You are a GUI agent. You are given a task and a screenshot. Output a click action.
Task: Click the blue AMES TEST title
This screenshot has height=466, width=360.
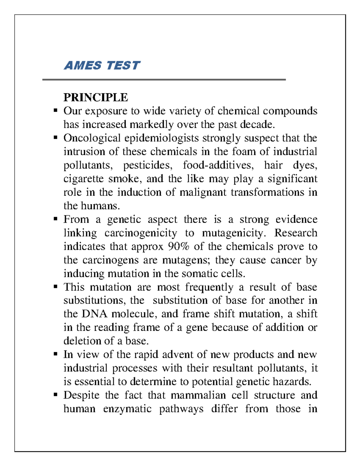coord(102,65)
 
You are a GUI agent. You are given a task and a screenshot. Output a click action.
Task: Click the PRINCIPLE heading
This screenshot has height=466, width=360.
coord(96,98)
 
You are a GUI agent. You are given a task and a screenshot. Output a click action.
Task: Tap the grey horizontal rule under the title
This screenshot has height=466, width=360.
coord(164,80)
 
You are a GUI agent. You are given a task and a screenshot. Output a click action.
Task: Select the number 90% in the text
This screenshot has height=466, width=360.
coord(179,246)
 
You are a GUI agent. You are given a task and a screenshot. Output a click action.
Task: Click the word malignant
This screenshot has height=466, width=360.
coord(203,192)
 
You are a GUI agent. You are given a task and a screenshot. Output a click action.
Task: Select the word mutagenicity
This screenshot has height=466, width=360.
coord(233,233)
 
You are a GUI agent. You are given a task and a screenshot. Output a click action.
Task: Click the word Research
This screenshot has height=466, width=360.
coord(296,233)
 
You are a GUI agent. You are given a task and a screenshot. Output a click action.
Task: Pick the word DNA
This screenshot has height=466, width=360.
coord(94,314)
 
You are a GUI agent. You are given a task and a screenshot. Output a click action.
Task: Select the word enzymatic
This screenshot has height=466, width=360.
coord(127,409)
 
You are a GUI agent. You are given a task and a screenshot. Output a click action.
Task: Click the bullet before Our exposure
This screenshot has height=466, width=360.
coord(55,111)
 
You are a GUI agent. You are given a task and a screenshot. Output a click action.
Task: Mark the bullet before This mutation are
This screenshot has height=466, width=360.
coord(55,287)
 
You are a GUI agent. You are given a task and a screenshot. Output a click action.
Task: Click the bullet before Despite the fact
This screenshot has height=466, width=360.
coord(55,395)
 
